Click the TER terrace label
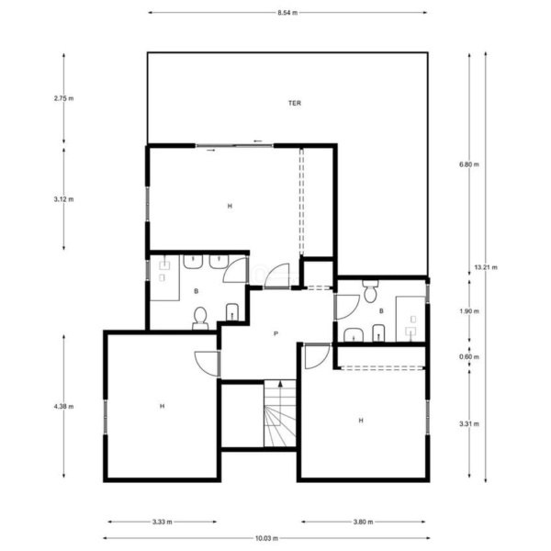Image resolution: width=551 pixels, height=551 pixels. pyautogui.click(x=295, y=103)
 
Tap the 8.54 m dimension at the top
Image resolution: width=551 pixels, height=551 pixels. pyautogui.click(x=287, y=13)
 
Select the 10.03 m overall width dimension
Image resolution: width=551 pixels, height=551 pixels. pyautogui.click(x=266, y=538)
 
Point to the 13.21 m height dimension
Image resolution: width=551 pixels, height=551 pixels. pyautogui.click(x=486, y=267)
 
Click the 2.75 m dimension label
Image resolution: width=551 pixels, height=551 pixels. pyautogui.click(x=63, y=98)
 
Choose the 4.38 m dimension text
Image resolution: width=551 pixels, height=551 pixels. pyautogui.click(x=63, y=407)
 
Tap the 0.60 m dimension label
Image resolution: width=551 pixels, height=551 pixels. pyautogui.click(x=469, y=357)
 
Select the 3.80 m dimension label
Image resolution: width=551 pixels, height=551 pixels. pyautogui.click(x=363, y=522)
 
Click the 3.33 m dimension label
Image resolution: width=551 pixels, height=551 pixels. pyautogui.click(x=163, y=522)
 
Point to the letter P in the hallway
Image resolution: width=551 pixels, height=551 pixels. pyautogui.click(x=275, y=334)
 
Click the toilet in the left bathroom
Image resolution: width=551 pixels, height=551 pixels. pyautogui.click(x=200, y=319)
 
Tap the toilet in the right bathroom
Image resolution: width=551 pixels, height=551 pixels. pyautogui.click(x=370, y=291)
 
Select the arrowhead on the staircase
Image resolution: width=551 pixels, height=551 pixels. pyautogui.click(x=280, y=384)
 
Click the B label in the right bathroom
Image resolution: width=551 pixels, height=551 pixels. pyautogui.click(x=381, y=311)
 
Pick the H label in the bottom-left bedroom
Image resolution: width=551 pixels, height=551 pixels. pyautogui.click(x=162, y=406)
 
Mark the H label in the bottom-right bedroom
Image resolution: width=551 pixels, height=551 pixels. pyautogui.click(x=361, y=421)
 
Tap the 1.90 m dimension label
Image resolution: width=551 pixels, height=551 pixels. pyautogui.click(x=469, y=311)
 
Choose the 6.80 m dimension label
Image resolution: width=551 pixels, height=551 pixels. pyautogui.click(x=469, y=164)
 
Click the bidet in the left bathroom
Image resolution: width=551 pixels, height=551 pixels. pyautogui.click(x=232, y=312)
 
